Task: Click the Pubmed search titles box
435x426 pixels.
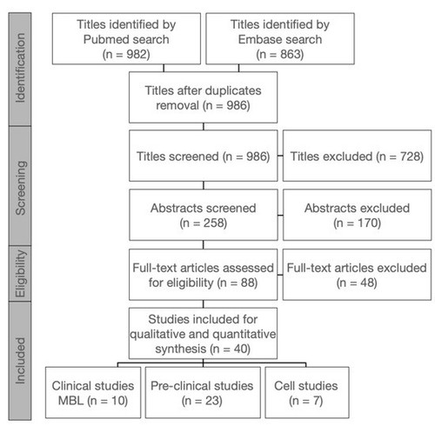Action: coord(126,38)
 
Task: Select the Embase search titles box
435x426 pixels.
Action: coord(280,38)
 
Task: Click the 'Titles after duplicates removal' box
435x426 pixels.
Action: coord(203,97)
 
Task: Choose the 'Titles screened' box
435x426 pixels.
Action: coord(204,156)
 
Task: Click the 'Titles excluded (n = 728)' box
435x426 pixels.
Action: coord(357,156)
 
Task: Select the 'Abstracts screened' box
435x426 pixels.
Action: coord(204,215)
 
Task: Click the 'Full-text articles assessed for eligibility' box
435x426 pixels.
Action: coord(203,275)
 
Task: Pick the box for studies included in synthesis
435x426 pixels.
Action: coord(203,333)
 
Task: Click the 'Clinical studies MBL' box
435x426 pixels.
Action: coord(93,392)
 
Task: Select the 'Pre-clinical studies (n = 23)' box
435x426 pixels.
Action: coord(203,392)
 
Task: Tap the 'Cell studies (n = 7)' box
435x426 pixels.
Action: coord(307,392)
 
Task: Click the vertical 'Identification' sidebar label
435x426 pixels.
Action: coord(20,68)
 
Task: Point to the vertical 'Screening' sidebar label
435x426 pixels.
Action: coord(20,188)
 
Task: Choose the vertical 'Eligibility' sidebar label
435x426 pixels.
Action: coord(20,274)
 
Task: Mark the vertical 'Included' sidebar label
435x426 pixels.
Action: coord(20,361)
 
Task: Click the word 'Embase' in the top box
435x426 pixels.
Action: coord(258,39)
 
